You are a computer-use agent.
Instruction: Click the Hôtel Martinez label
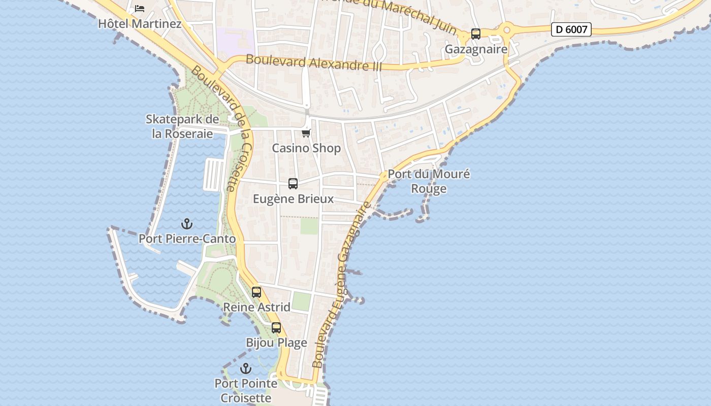pos(140,24)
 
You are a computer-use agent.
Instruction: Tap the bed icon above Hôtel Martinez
pos(140,9)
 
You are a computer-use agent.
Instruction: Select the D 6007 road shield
pos(571,29)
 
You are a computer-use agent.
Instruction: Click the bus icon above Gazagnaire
pos(476,34)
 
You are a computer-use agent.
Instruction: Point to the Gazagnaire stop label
pos(476,49)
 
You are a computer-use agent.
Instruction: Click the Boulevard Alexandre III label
pos(313,63)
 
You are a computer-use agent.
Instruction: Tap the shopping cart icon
pos(306,133)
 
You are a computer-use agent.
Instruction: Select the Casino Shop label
pos(306,148)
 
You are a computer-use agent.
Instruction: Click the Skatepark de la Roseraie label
pos(182,126)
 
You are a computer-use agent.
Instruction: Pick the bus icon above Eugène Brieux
pos(293,184)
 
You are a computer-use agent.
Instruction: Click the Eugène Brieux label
pos(294,199)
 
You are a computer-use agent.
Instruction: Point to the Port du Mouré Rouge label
pos(429,181)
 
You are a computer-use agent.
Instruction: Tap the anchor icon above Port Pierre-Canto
pos(187,223)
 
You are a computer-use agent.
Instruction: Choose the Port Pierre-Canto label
pos(187,239)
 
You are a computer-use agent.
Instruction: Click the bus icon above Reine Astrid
pos(256,292)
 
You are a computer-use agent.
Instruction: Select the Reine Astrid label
pos(257,307)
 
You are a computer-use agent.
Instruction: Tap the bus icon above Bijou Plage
pos(276,327)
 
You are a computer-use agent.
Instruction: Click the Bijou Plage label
pos(277,343)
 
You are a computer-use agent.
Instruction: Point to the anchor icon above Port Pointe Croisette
pos(246,368)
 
